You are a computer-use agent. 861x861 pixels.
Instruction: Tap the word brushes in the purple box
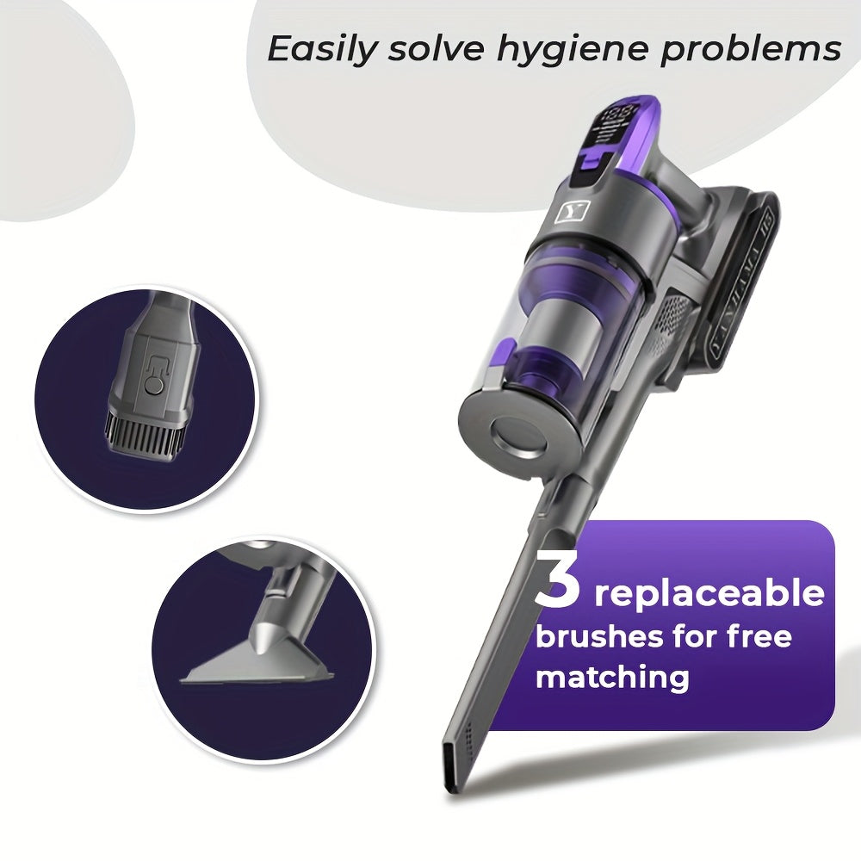[x=599, y=637]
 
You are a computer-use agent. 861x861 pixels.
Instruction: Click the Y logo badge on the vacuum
[x=568, y=212]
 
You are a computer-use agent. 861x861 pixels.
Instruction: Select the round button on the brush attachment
[x=154, y=388]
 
